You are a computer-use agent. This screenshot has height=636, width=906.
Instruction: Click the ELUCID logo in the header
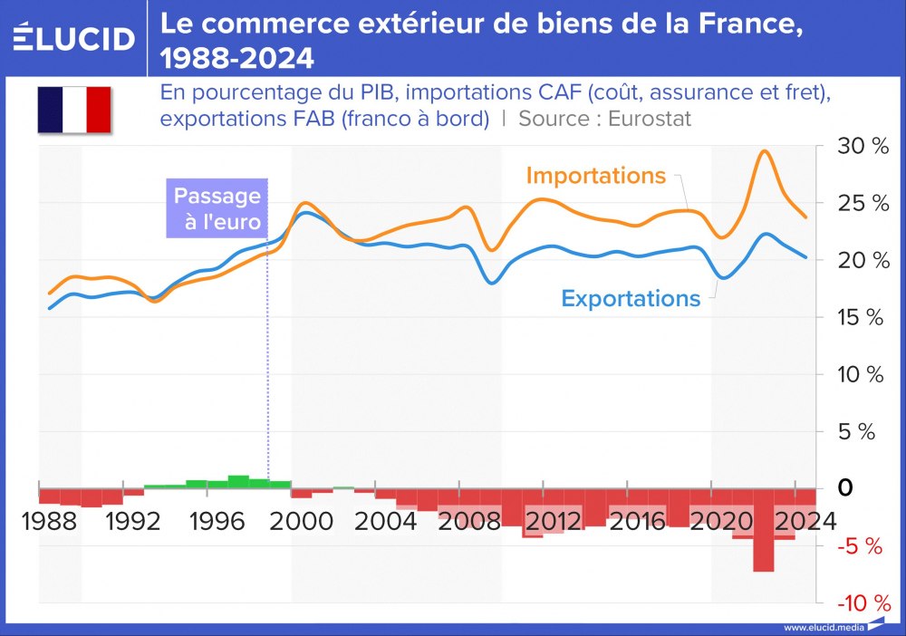74,38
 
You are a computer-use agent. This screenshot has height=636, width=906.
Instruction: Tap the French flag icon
73,110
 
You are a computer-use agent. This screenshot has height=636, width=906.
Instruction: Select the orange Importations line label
596,176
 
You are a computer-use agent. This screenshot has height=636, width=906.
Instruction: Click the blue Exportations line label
631,298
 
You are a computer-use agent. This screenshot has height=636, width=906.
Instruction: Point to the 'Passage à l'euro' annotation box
217,209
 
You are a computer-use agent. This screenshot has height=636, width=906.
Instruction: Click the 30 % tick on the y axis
864,147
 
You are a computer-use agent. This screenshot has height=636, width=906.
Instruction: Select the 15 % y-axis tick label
862,318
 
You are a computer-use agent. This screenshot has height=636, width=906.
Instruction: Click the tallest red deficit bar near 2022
763,535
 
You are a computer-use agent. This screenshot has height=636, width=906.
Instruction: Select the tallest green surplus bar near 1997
238,480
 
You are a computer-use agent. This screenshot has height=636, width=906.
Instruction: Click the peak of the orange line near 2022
764,151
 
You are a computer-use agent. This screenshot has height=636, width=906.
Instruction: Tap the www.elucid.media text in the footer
823,627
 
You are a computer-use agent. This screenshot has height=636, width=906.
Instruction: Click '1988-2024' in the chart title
237,60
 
